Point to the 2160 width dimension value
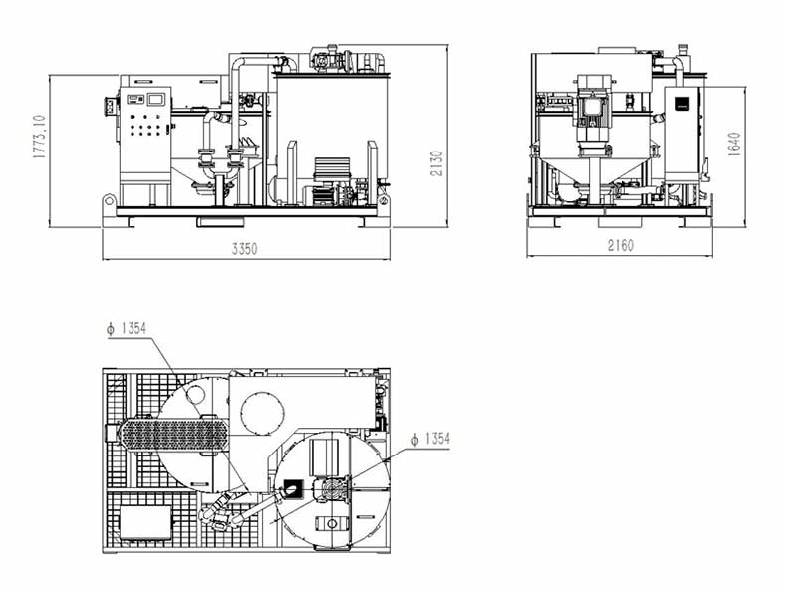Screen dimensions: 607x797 point(619,246)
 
